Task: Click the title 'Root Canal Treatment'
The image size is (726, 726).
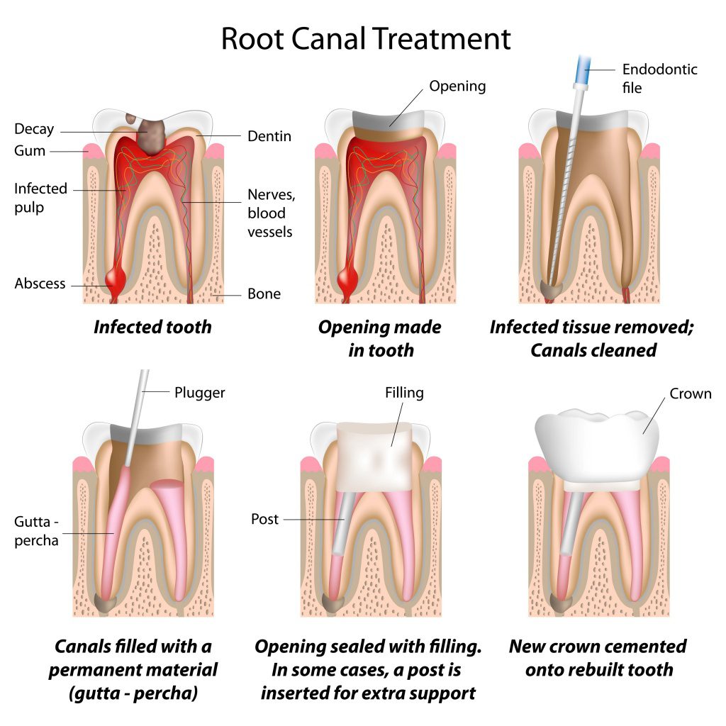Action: pyautogui.click(x=365, y=38)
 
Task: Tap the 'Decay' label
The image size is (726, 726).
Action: pyautogui.click(x=34, y=130)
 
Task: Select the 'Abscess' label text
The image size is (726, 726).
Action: pyautogui.click(x=40, y=284)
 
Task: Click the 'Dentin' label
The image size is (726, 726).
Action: pyautogui.click(x=269, y=136)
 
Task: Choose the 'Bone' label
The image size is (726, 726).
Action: pyautogui.click(x=264, y=294)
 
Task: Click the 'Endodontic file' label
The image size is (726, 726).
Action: pyautogui.click(x=659, y=78)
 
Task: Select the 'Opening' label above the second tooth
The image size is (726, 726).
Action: pyautogui.click(x=457, y=86)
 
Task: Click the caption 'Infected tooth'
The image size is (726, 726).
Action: pyautogui.click(x=152, y=327)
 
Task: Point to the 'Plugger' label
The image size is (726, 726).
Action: pyautogui.click(x=199, y=392)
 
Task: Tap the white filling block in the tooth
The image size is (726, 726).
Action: pyautogui.click(x=374, y=454)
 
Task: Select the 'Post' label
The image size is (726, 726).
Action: pyautogui.click(x=265, y=520)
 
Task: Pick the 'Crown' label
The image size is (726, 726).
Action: pyautogui.click(x=690, y=393)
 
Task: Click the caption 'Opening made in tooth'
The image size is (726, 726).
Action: pyautogui.click(x=380, y=338)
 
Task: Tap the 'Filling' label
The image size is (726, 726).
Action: pyautogui.click(x=404, y=392)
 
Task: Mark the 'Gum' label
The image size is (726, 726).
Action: pyautogui.click(x=30, y=151)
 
